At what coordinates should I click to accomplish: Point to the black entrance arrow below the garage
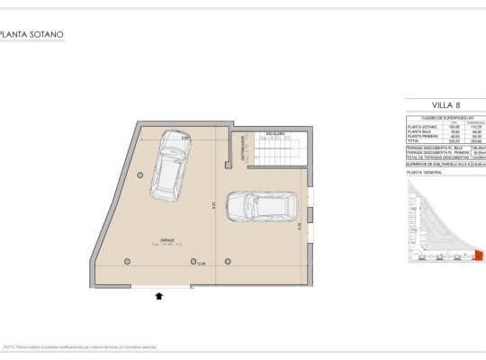coord(159,294)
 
